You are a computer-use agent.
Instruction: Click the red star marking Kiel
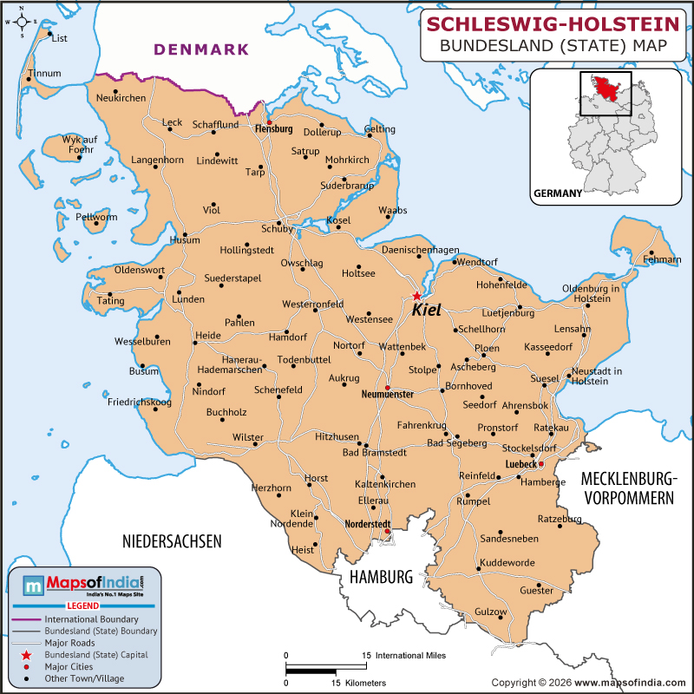417,296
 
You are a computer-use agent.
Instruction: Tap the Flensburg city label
273,129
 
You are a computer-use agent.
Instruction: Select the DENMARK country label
201,49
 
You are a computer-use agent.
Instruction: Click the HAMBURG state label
379,577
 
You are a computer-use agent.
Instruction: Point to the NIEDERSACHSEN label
172,541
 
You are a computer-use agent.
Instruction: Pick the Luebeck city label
521,464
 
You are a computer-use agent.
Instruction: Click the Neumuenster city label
388,395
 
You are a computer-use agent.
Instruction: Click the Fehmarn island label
662,259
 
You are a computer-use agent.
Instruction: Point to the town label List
59,38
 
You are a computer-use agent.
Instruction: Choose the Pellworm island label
95,217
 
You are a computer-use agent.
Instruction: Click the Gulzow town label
490,612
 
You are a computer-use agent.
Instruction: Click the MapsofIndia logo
83,586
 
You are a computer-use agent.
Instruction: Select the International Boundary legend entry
91,619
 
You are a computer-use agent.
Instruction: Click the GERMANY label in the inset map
557,193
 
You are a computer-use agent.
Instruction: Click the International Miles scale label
410,656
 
